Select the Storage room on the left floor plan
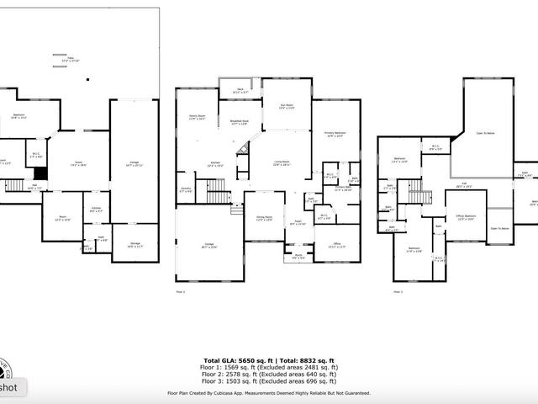click(134, 245)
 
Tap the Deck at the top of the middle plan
click(240, 91)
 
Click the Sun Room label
click(286, 107)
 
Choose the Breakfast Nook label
click(240, 122)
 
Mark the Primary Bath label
click(343, 189)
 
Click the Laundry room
click(186, 190)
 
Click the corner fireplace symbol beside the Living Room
click(244, 151)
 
